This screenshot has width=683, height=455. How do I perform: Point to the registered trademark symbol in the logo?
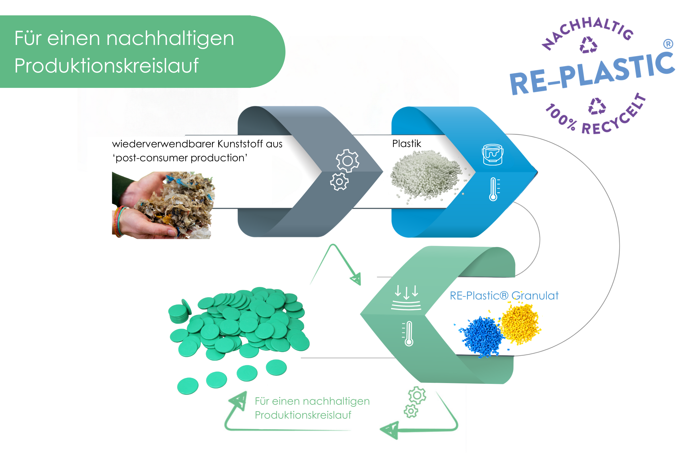[668, 44]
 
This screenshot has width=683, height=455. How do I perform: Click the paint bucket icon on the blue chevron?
[493, 155]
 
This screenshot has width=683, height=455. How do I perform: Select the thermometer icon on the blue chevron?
[494, 189]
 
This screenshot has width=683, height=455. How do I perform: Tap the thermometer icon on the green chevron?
[409, 333]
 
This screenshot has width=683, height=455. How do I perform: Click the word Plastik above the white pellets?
[407, 144]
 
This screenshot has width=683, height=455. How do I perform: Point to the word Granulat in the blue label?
[535, 296]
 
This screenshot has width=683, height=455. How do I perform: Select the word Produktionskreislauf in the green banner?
[106, 66]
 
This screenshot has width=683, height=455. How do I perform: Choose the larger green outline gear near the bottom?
[417, 395]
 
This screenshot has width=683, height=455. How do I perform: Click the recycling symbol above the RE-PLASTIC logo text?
[588, 45]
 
